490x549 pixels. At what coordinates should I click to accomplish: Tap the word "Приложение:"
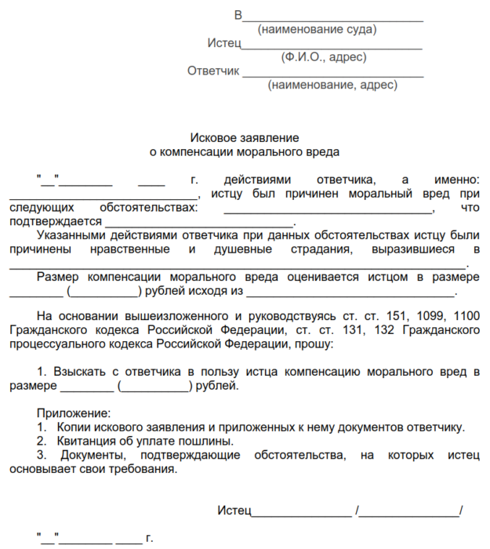(74, 413)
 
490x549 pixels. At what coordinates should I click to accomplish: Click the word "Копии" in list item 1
(74, 427)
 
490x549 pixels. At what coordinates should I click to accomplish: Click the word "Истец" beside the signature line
(233, 511)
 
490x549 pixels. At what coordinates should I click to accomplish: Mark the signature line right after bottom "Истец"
(300, 514)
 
